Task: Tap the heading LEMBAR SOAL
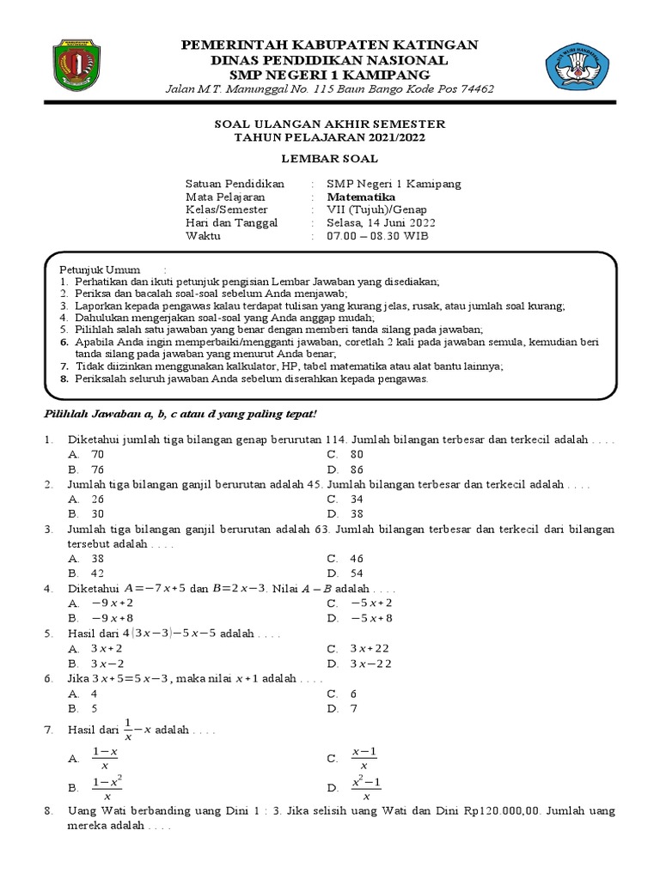[x=330, y=159]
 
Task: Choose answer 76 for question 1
[x=97, y=470]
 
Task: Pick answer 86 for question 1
[x=357, y=470]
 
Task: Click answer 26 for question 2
[x=97, y=499]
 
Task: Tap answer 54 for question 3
[x=357, y=573]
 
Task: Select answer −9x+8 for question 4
[x=112, y=617]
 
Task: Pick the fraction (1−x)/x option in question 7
[x=105, y=758]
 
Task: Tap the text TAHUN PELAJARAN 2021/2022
[x=330, y=137]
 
